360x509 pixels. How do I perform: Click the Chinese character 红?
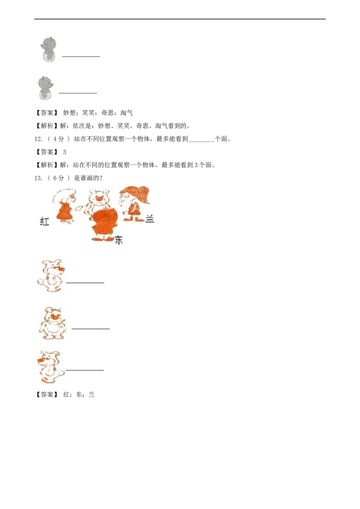tap(44, 221)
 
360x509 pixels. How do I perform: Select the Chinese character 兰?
tap(150, 219)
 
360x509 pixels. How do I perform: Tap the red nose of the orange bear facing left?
tap(40, 360)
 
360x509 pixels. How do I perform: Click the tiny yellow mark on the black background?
tap(210, 142)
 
